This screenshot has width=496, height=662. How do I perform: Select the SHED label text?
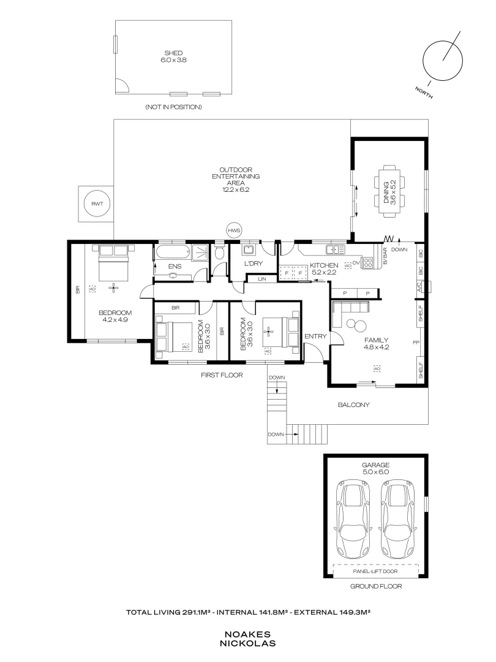(x=173, y=53)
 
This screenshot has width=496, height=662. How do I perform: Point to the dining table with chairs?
(x=389, y=190)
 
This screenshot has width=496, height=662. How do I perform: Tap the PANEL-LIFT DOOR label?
(x=375, y=571)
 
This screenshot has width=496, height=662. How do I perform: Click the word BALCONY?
(x=354, y=405)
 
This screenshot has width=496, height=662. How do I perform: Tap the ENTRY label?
(x=316, y=336)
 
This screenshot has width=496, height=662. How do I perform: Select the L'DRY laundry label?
(x=253, y=264)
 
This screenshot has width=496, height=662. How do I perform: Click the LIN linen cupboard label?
(x=261, y=279)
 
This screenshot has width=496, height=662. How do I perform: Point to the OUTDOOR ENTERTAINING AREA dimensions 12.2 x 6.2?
(x=236, y=190)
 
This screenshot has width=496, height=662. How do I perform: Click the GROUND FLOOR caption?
(x=375, y=586)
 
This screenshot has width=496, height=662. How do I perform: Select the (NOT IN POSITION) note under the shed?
(x=173, y=107)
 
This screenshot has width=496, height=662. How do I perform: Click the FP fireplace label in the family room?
(x=415, y=343)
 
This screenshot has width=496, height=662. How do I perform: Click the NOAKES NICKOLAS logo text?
(x=248, y=639)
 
